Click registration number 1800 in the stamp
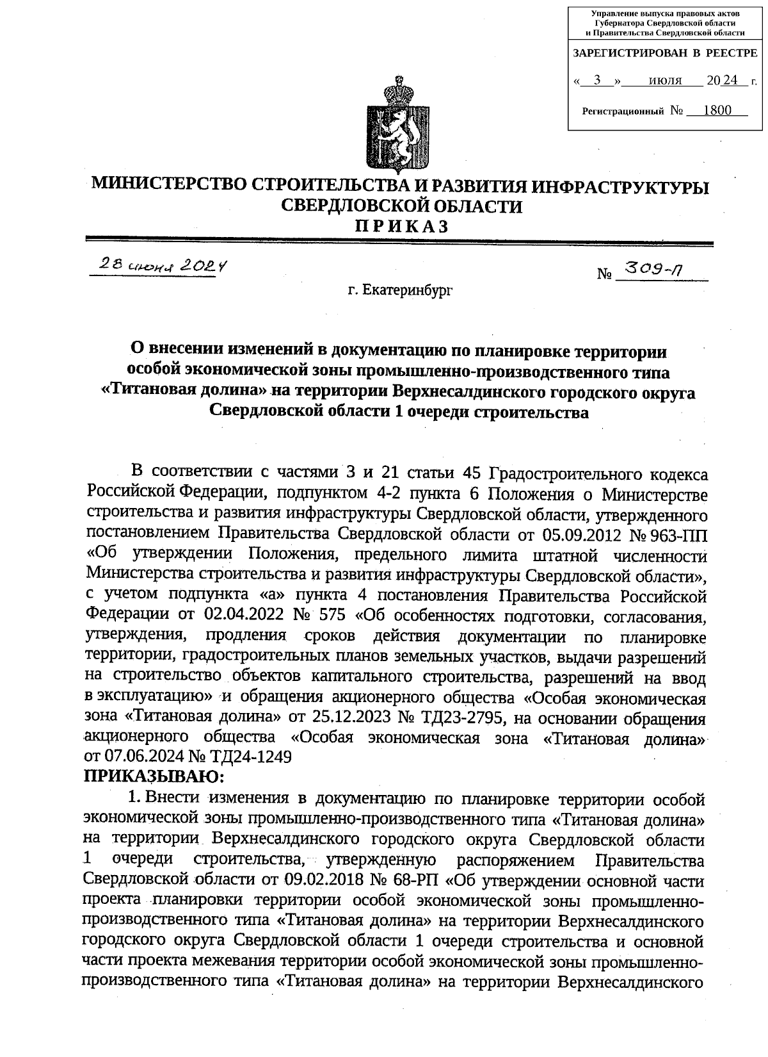(x=716, y=110)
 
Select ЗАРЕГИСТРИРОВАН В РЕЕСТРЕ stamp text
(x=665, y=53)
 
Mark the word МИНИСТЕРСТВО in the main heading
(x=168, y=186)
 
